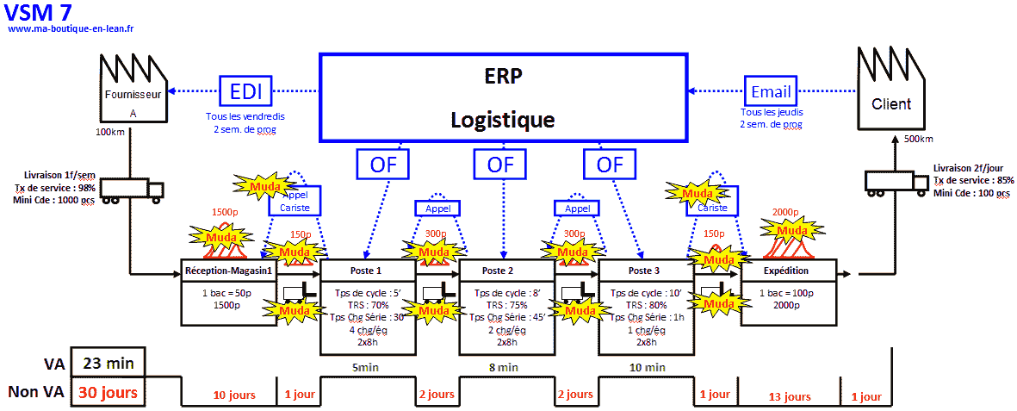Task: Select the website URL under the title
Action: pyautogui.click(x=71, y=28)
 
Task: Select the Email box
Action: pyautogui.click(x=771, y=91)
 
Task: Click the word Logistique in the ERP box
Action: pyautogui.click(x=503, y=119)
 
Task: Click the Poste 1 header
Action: pyautogui.click(x=366, y=270)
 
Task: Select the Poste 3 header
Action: pyautogui.click(x=645, y=270)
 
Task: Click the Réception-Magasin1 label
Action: pyautogui.click(x=229, y=271)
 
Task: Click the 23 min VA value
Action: pyautogui.click(x=109, y=363)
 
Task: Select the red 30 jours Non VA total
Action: pyautogui.click(x=109, y=392)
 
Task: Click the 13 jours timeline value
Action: pyautogui.click(x=788, y=396)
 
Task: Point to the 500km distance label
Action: pyautogui.click(x=918, y=139)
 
